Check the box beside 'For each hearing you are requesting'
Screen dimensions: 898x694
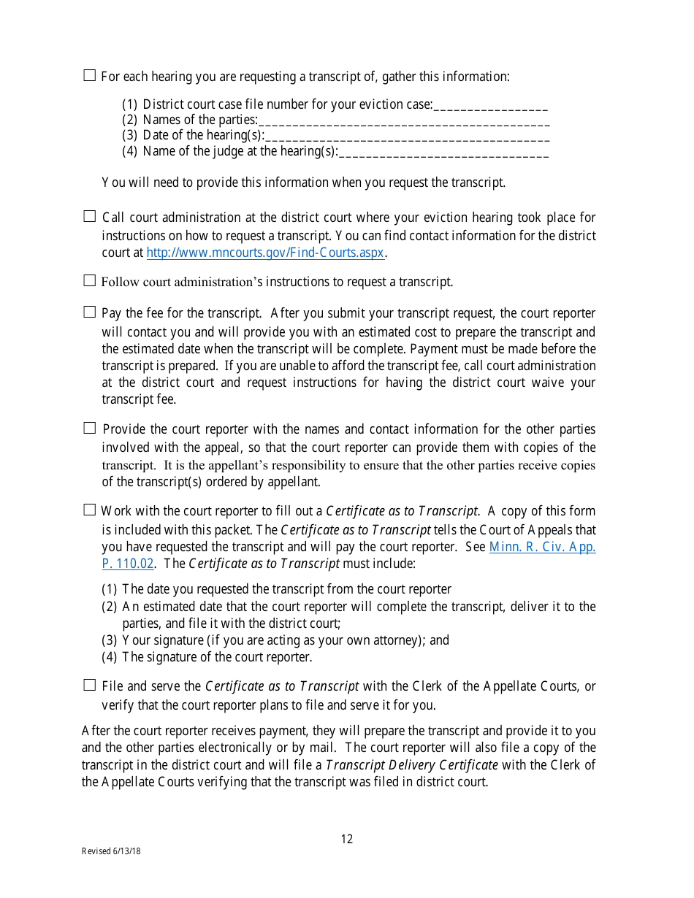[x=90, y=75]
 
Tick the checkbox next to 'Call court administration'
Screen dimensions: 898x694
[x=90, y=216]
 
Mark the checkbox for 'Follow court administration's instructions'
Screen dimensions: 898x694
[x=90, y=280]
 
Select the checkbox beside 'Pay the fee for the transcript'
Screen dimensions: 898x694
[x=90, y=312]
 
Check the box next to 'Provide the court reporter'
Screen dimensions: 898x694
[x=90, y=428]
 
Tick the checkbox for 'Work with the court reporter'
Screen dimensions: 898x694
[x=90, y=510]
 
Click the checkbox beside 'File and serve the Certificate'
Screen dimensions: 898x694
[x=90, y=685]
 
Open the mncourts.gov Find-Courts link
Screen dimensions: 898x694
[x=265, y=253]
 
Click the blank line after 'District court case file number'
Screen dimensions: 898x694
[x=490, y=105]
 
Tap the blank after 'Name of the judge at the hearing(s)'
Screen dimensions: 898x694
[x=443, y=152]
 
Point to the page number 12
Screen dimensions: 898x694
[x=347, y=840]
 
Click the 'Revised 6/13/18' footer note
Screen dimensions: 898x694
[x=111, y=851]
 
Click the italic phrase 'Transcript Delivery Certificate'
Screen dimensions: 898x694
[x=412, y=765]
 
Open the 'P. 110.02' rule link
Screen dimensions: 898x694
[x=128, y=564]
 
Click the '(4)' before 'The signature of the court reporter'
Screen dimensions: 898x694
[x=110, y=657]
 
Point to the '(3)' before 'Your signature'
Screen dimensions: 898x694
[x=110, y=640]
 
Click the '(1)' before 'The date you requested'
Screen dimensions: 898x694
[x=110, y=589]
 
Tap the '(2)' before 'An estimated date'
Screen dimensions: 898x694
[x=110, y=607]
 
